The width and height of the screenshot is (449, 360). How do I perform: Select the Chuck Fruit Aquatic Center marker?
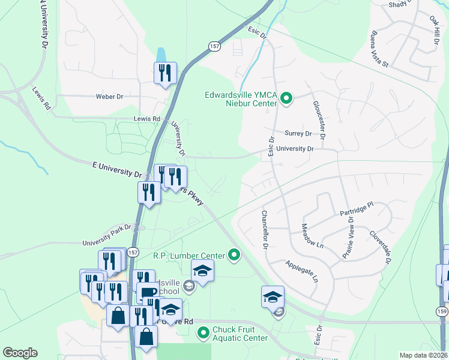203,332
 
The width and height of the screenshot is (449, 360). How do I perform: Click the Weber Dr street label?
109,96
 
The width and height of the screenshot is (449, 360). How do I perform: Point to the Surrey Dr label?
298,134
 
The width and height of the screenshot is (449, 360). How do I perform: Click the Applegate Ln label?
301,271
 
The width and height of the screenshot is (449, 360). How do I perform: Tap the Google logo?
20,353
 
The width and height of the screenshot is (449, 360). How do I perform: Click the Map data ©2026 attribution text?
424,355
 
